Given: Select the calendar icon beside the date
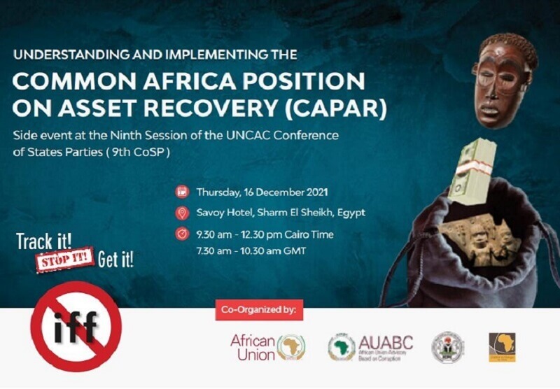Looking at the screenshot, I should click(x=182, y=191).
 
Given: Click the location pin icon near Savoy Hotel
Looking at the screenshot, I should click(x=182, y=213).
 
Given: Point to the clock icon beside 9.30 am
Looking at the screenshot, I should click(x=182, y=234).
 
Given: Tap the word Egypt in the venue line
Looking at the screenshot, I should click(x=350, y=213).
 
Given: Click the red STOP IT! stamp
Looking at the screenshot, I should click(x=64, y=260).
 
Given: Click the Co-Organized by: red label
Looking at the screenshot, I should click(x=259, y=309).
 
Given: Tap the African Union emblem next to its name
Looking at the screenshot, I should click(x=291, y=347).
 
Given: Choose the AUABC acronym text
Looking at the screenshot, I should click(x=385, y=342).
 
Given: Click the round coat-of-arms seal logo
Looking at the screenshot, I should click(x=447, y=346).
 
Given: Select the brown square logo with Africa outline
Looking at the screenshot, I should click(x=502, y=346).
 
